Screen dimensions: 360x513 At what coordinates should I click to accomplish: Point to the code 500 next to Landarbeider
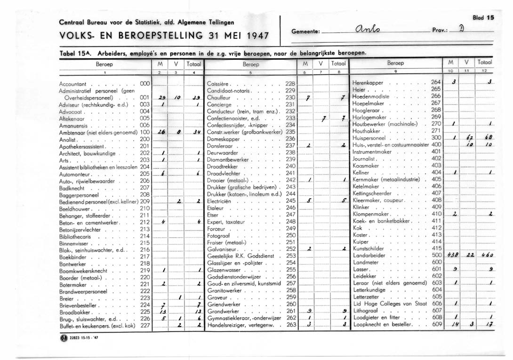(436, 255)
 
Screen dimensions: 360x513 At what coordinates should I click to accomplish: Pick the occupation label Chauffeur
(221, 97)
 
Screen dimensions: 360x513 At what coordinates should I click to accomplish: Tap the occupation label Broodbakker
(76, 312)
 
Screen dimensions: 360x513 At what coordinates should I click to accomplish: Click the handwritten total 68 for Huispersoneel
(488, 138)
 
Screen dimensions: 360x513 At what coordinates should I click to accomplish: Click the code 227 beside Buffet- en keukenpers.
(145, 325)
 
